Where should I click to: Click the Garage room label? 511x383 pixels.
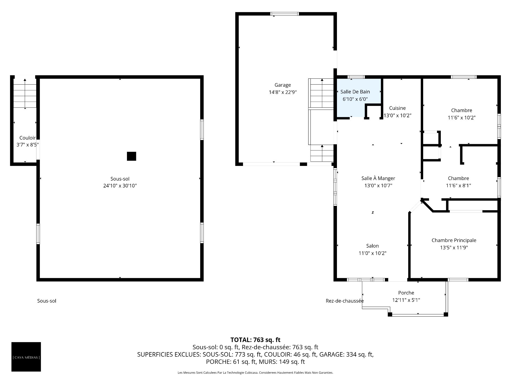point(283,85)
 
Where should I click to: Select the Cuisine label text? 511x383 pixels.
point(397,108)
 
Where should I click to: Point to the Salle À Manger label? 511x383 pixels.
point(378,178)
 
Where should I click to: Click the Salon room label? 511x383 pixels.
point(372,246)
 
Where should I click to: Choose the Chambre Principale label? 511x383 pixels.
point(454,240)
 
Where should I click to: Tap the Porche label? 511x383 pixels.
point(406,293)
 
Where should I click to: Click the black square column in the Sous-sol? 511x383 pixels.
point(131,156)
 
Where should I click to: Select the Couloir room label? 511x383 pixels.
point(27,138)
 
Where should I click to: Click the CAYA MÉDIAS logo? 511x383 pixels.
point(26,357)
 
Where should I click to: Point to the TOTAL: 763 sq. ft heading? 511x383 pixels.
point(255,340)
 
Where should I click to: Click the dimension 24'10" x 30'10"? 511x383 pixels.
point(120,186)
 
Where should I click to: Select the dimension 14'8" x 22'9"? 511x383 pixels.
point(283,92)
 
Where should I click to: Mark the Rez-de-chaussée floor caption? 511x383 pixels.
point(345,301)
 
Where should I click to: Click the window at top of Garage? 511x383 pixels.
point(285,14)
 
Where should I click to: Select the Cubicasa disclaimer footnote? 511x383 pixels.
point(255,373)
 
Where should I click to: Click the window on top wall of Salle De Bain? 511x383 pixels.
point(356,77)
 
